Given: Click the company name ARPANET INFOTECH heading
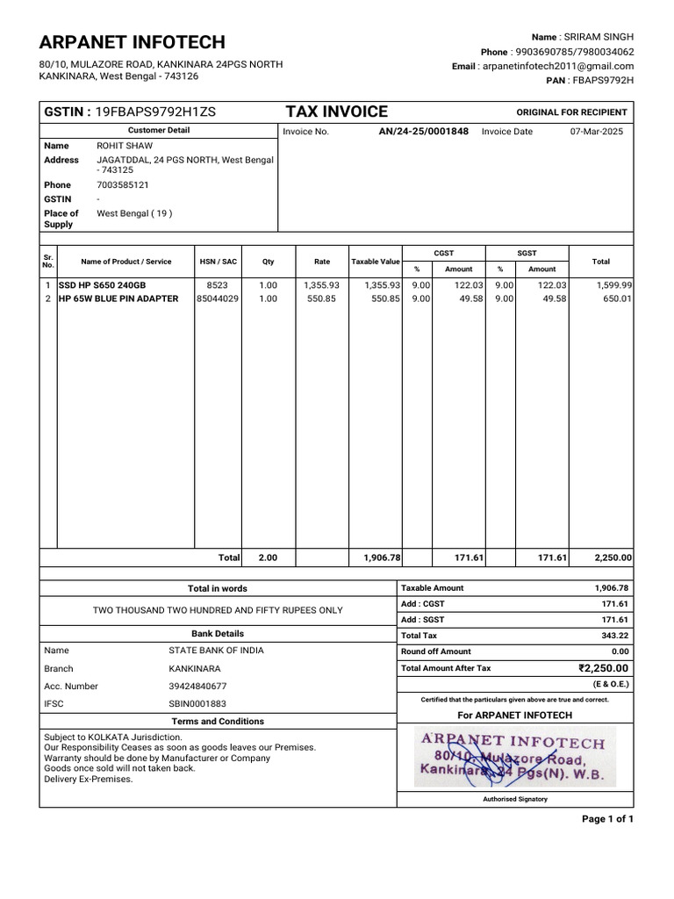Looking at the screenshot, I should pyautogui.click(x=132, y=42).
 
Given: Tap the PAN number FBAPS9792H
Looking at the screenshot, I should pyautogui.click(x=602, y=80).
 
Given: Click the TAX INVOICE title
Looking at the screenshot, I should pyautogui.click(x=336, y=111).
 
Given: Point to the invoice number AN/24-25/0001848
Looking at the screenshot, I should pyautogui.click(x=423, y=131).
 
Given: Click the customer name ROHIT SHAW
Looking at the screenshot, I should pyautogui.click(x=124, y=146).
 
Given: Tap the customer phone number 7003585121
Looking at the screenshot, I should pyautogui.click(x=122, y=185).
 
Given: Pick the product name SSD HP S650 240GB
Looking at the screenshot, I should pyautogui.click(x=103, y=285).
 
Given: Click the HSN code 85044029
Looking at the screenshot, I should pyautogui.click(x=217, y=298).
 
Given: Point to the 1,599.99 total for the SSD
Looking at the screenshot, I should pyautogui.click(x=614, y=285).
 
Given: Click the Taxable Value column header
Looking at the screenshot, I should pyautogui.click(x=376, y=262).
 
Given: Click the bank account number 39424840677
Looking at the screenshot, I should pyautogui.click(x=197, y=687).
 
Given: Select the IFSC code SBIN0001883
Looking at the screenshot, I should pyautogui.click(x=197, y=704).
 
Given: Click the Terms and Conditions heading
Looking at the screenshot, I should pyautogui.click(x=218, y=721).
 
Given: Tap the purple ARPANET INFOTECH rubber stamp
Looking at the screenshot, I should pyautogui.click(x=514, y=756).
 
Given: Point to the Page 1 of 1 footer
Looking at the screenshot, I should pyautogui.click(x=607, y=819).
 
